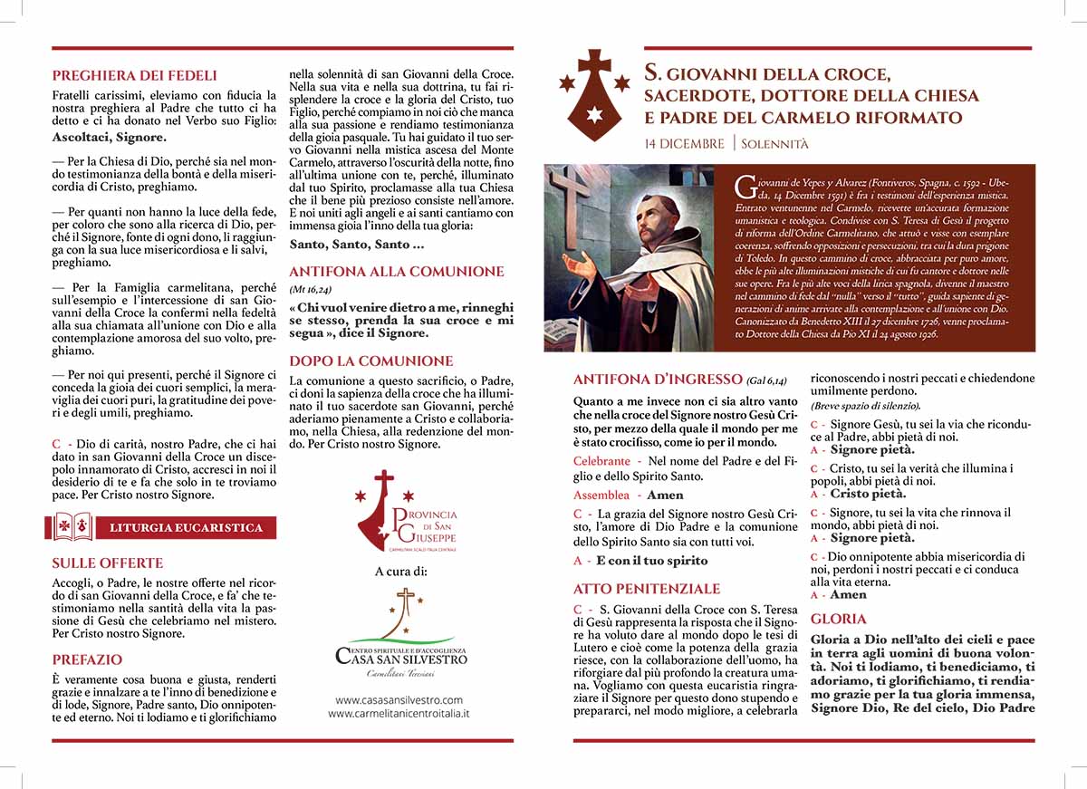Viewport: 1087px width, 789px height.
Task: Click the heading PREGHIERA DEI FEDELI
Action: pyautogui.click(x=135, y=76)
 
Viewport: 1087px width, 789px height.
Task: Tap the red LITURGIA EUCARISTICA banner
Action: pyautogui.click(x=186, y=527)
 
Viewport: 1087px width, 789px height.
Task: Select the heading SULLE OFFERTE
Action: pyautogui.click(x=108, y=563)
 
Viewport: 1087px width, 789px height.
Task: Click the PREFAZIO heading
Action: pyautogui.click(x=87, y=659)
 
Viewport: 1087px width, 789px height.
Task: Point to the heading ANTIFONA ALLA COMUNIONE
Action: pyautogui.click(x=397, y=271)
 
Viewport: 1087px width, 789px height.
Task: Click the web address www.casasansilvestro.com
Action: pyautogui.click(x=399, y=699)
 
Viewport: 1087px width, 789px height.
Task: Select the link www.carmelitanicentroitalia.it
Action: pyautogui.click(x=399, y=714)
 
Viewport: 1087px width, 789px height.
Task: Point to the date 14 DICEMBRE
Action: pyautogui.click(x=684, y=144)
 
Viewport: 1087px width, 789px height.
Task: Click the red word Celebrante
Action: pyautogui.click(x=601, y=461)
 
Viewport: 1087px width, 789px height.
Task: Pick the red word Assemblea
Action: pyautogui.click(x=601, y=495)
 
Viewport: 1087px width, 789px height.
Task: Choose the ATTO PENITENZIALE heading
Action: pyautogui.click(x=647, y=589)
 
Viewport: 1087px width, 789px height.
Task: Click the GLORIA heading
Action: pyautogui.click(x=832, y=620)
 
